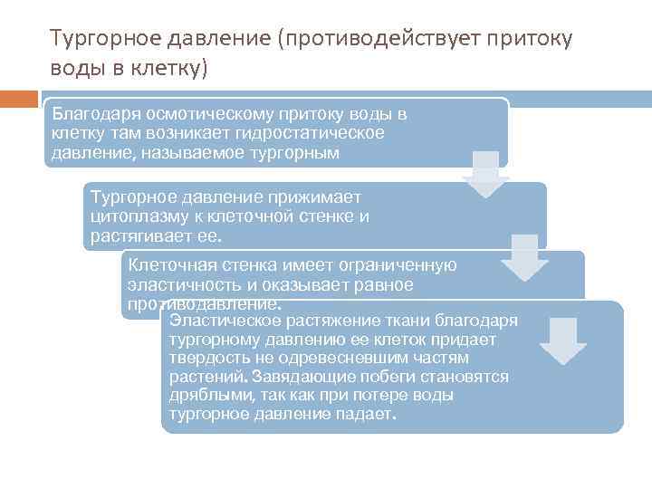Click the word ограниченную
(399, 265)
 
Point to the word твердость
(203, 358)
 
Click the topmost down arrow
(486, 175)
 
